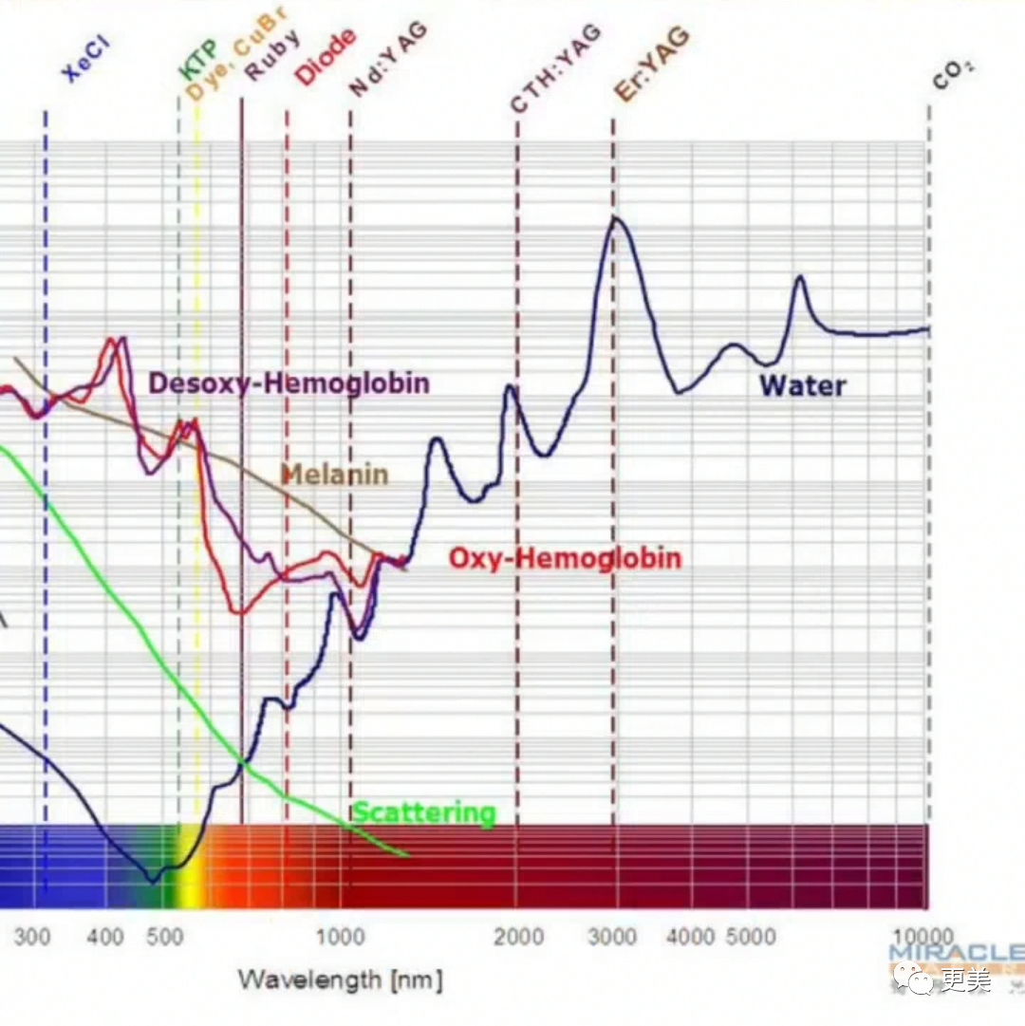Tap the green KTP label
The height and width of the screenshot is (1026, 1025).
tap(199, 60)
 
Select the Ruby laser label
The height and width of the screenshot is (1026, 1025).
tap(273, 56)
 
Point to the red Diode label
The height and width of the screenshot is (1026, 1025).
tap(326, 57)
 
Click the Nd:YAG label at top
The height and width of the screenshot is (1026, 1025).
tap(388, 59)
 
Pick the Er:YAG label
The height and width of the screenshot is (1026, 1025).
tap(651, 64)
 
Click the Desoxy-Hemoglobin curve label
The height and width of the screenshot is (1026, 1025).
tap(289, 383)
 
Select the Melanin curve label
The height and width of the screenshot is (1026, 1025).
tap(334, 475)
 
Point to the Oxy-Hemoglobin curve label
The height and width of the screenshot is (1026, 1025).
tap(565, 558)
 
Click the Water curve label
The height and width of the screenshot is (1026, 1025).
tap(802, 385)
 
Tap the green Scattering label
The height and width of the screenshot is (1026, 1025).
tap(424, 813)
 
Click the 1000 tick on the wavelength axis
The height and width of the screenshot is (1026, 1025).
tap(340, 938)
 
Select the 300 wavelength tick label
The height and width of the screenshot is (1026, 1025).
tap(32, 938)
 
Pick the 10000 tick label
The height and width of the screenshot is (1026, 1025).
tap(925, 938)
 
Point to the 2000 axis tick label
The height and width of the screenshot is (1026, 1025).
tap(518, 938)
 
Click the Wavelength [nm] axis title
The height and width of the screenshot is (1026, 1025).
tap(340, 979)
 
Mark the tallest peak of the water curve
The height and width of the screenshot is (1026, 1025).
tap(615, 218)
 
